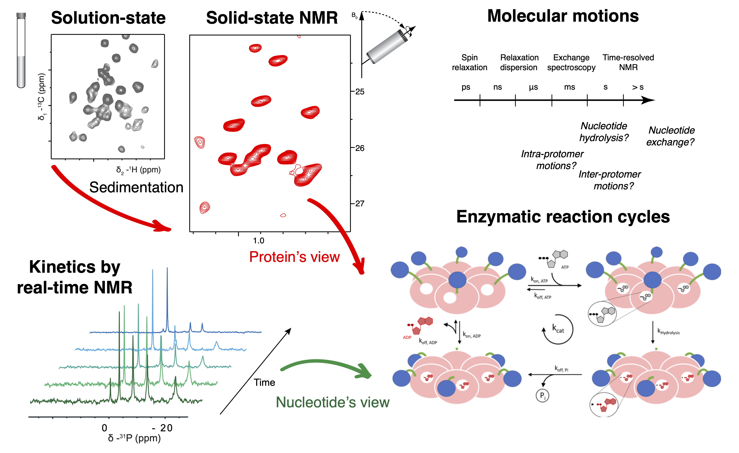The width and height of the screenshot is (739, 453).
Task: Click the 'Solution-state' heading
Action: click(x=108, y=18)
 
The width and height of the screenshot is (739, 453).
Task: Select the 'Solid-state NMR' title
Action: click(x=272, y=18)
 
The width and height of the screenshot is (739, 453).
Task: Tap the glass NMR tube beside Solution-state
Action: click(x=21, y=51)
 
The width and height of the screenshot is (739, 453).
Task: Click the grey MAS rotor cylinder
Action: click(x=387, y=47)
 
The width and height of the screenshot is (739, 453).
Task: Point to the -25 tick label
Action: click(x=359, y=92)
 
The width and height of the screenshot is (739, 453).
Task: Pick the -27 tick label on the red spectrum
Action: click(x=359, y=204)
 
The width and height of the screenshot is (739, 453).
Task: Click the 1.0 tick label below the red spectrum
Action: click(x=259, y=241)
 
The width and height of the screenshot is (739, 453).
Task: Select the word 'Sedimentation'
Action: click(x=136, y=187)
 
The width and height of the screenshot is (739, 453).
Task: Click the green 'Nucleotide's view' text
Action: click(x=333, y=402)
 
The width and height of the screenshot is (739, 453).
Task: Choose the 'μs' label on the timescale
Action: click(x=533, y=87)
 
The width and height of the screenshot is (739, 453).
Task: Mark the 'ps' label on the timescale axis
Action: click(x=466, y=87)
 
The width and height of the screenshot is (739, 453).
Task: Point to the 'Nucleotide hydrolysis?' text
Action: click(x=604, y=132)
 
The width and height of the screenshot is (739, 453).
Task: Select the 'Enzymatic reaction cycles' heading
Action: click(x=563, y=217)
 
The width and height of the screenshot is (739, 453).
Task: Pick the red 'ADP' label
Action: click(x=407, y=337)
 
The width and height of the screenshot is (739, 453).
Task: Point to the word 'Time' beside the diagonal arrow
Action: click(x=264, y=382)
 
